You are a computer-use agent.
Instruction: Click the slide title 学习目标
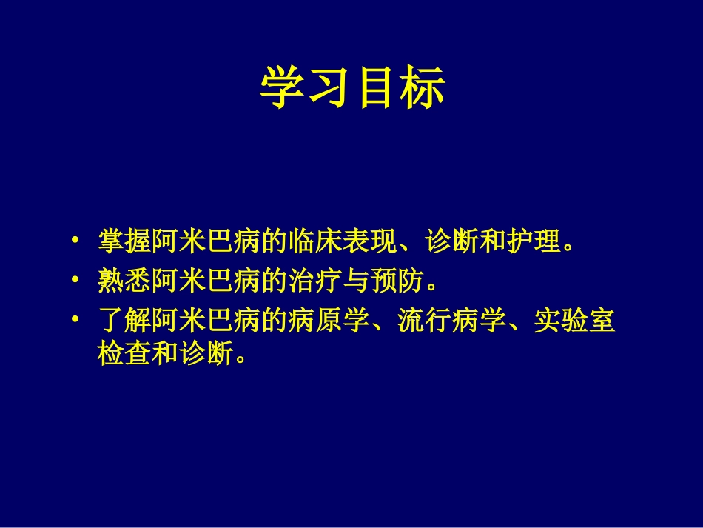[x=351, y=88]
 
